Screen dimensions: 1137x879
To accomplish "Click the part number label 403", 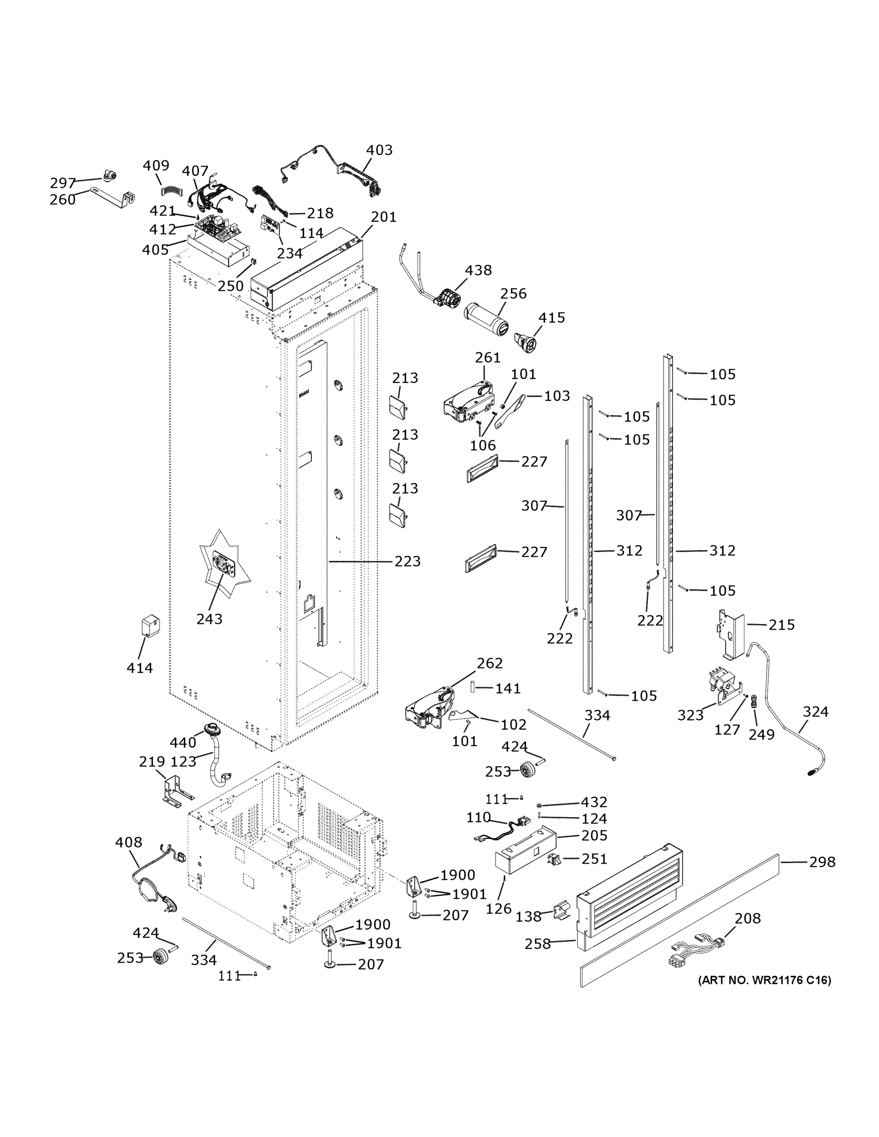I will tap(379, 150).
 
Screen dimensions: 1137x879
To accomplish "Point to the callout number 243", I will tap(209, 619).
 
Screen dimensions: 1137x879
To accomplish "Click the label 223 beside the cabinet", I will tap(407, 561).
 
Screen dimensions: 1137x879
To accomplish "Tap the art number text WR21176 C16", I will tap(764, 980).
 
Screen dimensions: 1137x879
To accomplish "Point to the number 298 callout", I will tap(822, 862).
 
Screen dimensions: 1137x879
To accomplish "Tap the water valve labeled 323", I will tap(723, 686).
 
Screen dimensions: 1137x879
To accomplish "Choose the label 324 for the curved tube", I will tap(815, 712).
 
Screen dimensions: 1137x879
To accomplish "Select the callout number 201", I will tap(384, 217).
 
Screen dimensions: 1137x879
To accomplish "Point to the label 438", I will tap(478, 270).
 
